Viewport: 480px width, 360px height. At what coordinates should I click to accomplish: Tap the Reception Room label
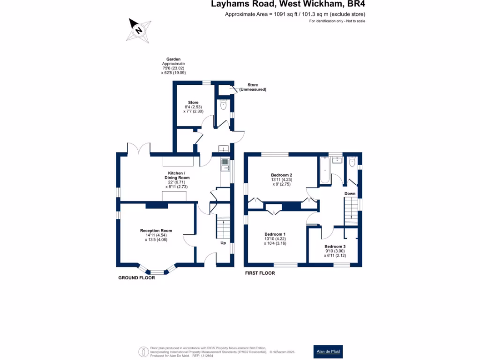pos(156,231)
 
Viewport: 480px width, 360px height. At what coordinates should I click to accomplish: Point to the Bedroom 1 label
pos(275,234)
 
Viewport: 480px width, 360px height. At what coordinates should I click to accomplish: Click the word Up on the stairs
pos(223,243)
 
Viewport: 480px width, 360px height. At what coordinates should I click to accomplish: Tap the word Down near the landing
pos(350,193)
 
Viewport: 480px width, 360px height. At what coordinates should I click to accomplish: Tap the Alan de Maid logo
pos(328,351)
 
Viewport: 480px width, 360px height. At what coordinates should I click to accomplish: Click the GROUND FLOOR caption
pos(136,278)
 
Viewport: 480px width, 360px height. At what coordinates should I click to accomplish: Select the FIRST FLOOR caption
pos(260,273)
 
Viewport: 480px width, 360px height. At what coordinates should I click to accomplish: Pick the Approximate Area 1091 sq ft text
pos(295,15)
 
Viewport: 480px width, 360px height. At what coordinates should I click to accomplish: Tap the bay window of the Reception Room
pos(157,271)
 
